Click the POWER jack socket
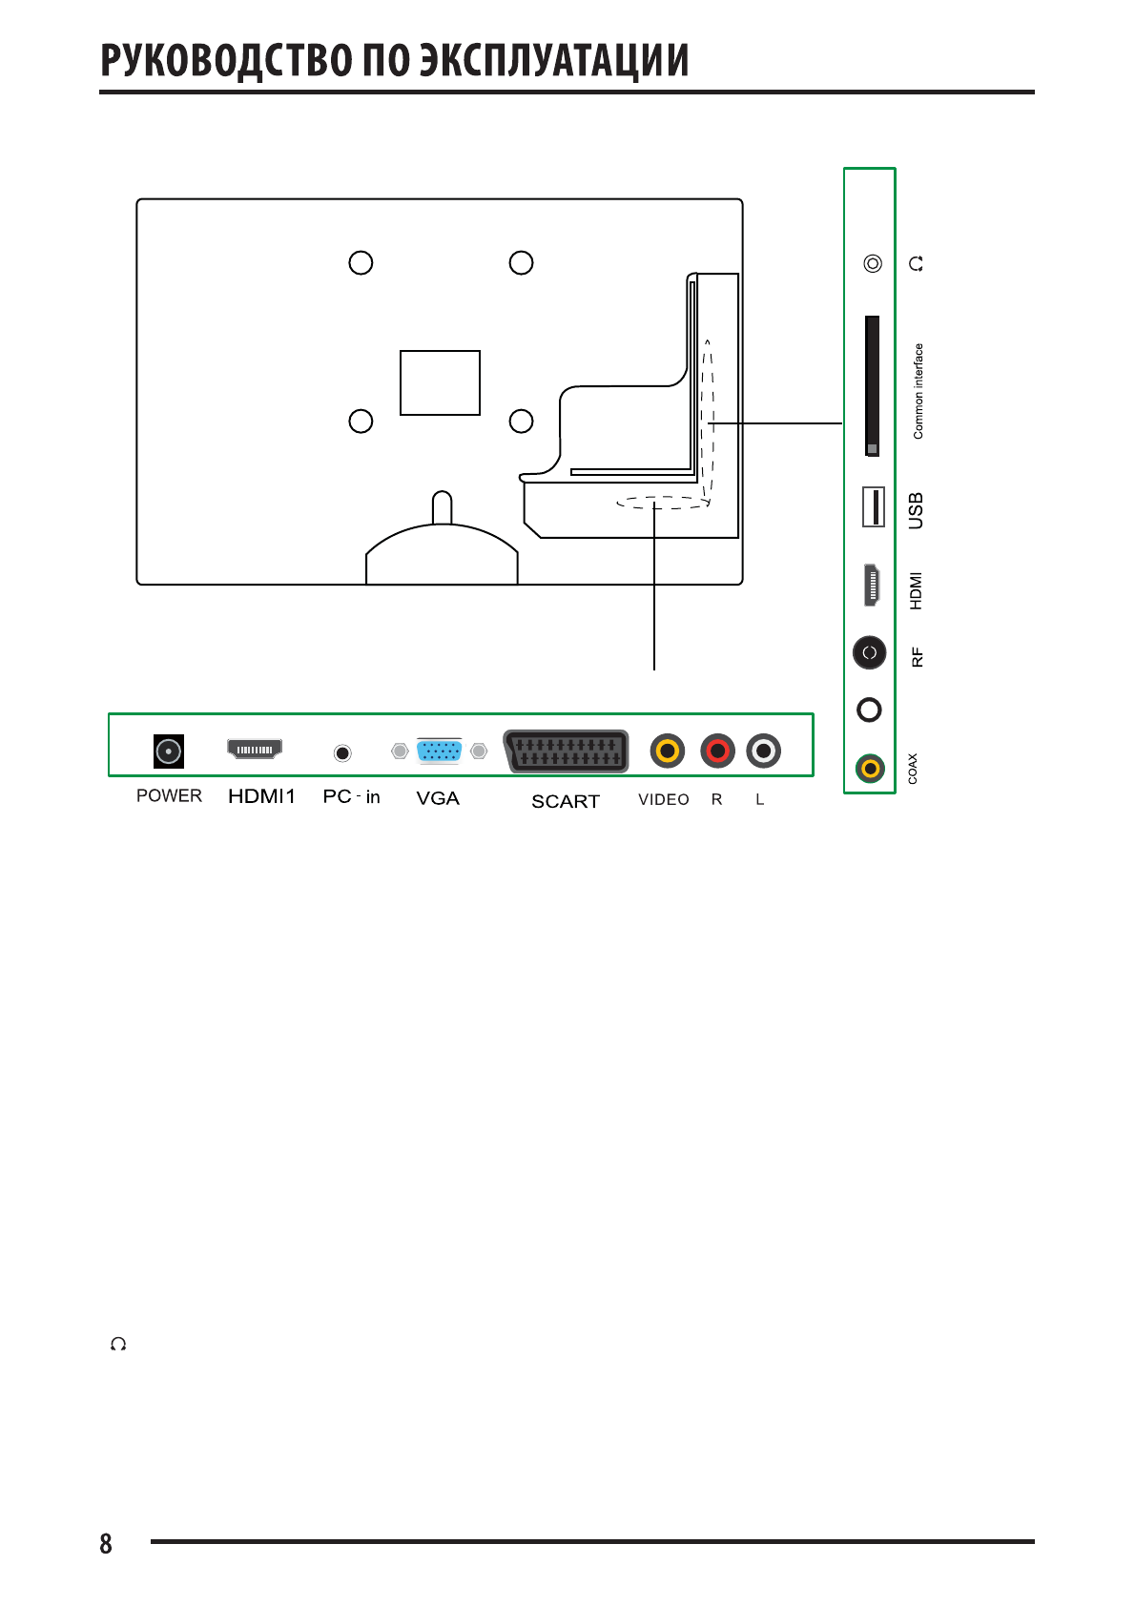(x=169, y=752)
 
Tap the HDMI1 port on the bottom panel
(x=255, y=750)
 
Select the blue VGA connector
(x=439, y=751)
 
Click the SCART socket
(x=567, y=752)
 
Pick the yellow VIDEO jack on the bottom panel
(x=668, y=752)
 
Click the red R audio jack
(x=717, y=752)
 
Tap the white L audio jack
(x=763, y=752)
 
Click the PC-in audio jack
(x=342, y=753)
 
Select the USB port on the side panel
(x=873, y=506)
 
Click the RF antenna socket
(x=869, y=653)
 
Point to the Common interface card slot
(x=872, y=386)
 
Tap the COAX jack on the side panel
(x=870, y=768)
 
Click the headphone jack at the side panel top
(x=873, y=263)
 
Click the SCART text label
(x=566, y=802)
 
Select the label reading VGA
(x=438, y=799)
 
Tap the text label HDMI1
(x=262, y=796)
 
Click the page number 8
(x=106, y=1544)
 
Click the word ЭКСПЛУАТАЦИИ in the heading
(x=555, y=60)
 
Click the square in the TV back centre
(x=440, y=382)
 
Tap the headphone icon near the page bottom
(x=118, y=1345)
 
